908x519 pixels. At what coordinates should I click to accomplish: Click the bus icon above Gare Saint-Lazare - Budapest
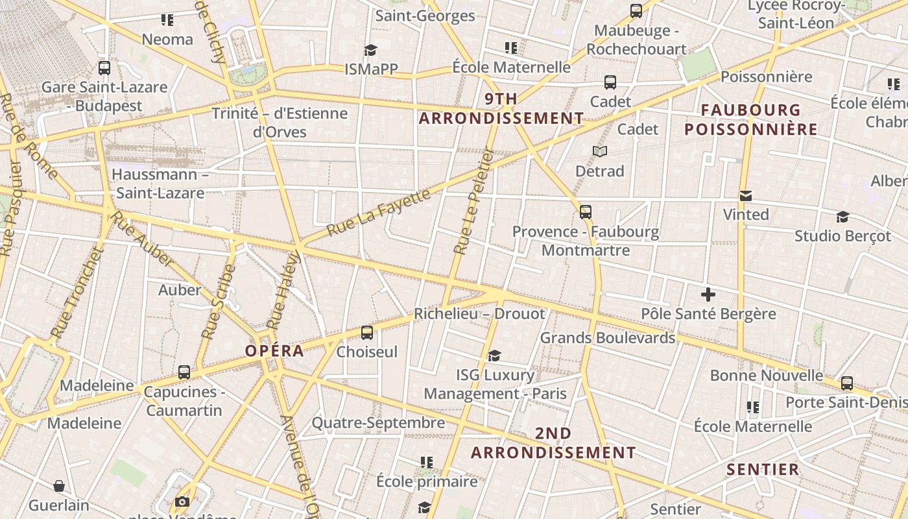[x=104, y=67]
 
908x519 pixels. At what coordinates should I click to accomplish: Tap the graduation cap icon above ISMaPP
[x=370, y=50]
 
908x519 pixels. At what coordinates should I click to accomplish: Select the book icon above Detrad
[x=600, y=151]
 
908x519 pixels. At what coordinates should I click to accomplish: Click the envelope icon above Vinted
[x=746, y=195]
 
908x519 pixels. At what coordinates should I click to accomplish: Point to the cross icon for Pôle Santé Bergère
[x=708, y=295]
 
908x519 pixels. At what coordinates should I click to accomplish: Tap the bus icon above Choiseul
[x=367, y=333]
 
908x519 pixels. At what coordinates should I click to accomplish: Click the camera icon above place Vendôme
[x=182, y=501]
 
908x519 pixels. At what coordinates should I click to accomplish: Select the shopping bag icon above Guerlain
[x=59, y=486]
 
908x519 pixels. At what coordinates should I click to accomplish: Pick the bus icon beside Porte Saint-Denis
[x=847, y=383]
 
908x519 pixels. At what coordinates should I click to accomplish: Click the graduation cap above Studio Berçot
[x=842, y=217]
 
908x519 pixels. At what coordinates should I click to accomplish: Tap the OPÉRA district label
[x=274, y=351]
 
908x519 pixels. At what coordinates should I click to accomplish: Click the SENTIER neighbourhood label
[x=763, y=470]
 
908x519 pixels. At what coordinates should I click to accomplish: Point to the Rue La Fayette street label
[x=379, y=213]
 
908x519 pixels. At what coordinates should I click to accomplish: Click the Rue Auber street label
[x=143, y=239]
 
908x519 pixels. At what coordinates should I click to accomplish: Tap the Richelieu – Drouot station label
[x=480, y=314]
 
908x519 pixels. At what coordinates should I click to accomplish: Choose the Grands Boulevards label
[x=608, y=338]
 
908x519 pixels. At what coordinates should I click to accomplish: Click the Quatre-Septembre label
[x=378, y=423]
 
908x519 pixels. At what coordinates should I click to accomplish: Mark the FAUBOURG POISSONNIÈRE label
[x=751, y=119]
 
